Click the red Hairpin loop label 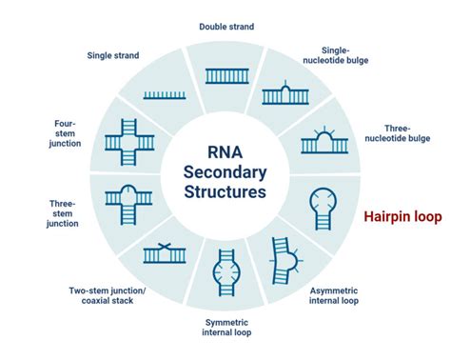tap(402, 217)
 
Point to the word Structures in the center tap(226, 190)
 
